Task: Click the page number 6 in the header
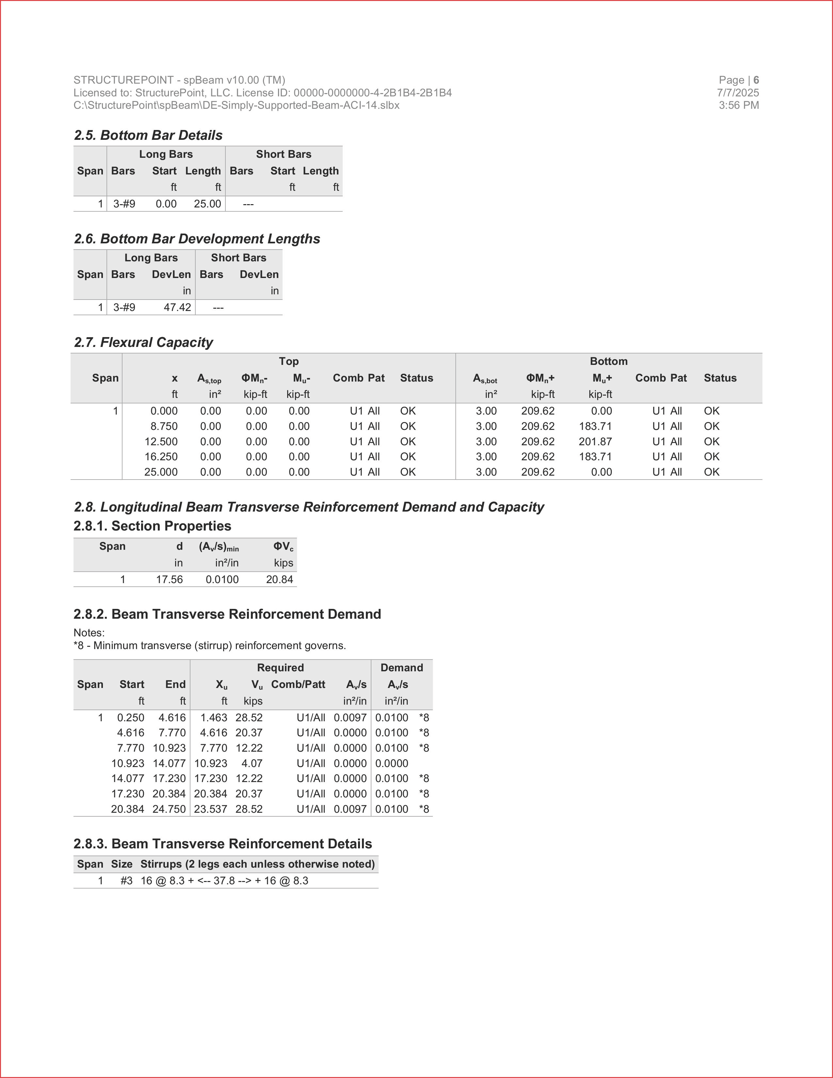point(756,80)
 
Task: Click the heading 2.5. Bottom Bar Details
point(148,135)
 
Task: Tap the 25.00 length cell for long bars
point(207,204)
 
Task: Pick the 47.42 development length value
point(177,307)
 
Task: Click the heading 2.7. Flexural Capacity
point(143,343)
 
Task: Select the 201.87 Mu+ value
point(595,442)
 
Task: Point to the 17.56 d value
point(169,580)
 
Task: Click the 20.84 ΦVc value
point(279,580)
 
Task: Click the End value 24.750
point(169,809)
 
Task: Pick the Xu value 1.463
point(214,718)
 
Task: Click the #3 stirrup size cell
point(126,881)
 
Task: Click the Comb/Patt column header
point(298,685)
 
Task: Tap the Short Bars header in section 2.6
point(238,258)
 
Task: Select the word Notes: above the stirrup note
point(89,633)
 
